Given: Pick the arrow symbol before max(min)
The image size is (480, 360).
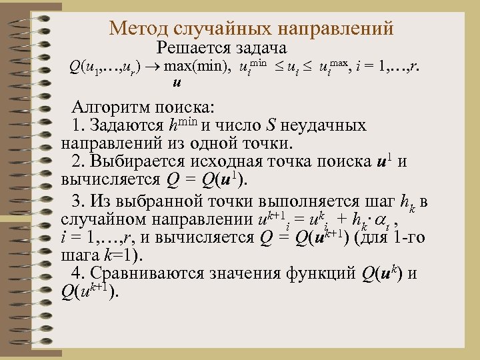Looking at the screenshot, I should [x=154, y=67].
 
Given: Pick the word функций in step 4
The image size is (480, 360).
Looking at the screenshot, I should [x=323, y=273].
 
